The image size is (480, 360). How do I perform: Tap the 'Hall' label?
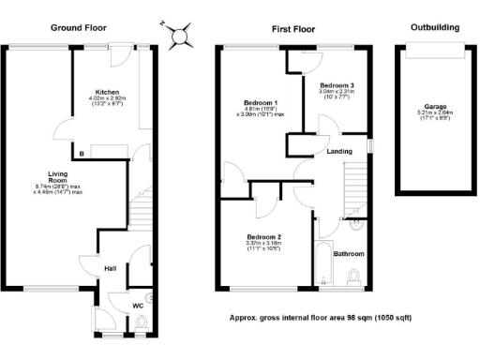[109, 267]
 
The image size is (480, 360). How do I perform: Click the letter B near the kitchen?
[82, 152]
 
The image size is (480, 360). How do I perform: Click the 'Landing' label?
[339, 150]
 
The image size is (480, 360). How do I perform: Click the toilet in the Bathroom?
[354, 274]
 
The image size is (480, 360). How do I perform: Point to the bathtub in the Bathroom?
[321, 262]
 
